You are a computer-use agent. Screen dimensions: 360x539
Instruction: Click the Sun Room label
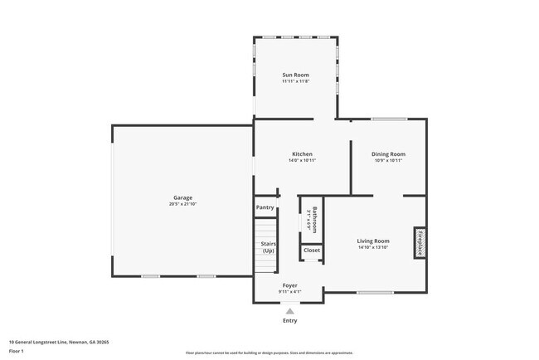tap(295, 75)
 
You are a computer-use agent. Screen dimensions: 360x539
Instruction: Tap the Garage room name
tap(182, 197)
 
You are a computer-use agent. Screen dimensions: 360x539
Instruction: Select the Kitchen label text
tap(302, 153)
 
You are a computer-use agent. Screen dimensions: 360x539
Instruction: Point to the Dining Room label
tap(388, 153)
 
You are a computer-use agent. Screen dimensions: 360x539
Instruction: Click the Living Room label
tap(373, 241)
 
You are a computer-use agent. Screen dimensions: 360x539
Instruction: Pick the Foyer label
tap(289, 285)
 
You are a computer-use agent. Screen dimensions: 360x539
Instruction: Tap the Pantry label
tap(265, 207)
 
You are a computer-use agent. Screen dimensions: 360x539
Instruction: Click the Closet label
tap(312, 250)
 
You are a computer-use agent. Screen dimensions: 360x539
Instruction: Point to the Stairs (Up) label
tap(268, 246)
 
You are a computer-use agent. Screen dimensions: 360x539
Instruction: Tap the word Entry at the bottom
tap(289, 320)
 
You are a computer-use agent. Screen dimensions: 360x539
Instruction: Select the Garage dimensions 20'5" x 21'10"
tap(182, 204)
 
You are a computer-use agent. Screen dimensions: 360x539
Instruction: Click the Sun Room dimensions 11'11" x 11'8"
tap(295, 81)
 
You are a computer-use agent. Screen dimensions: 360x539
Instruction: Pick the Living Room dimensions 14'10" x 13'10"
tap(373, 247)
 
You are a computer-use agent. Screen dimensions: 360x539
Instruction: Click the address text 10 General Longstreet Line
tap(58, 341)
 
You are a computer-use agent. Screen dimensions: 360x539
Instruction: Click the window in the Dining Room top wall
tap(387, 119)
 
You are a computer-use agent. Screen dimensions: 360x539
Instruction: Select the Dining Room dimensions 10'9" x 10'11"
tap(388, 160)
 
